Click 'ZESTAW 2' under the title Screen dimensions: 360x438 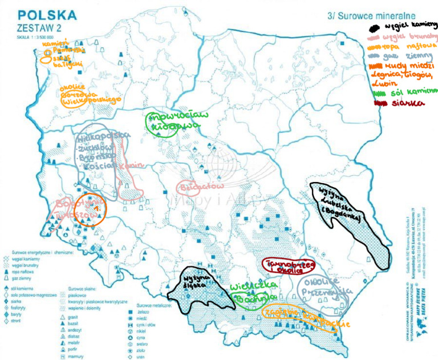[37, 28]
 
